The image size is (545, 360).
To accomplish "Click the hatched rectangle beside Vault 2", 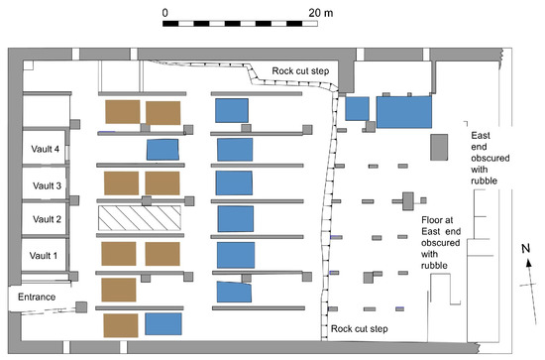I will [x=139, y=218].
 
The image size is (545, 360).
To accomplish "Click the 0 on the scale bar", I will [x=165, y=9].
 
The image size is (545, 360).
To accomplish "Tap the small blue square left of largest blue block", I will [x=358, y=109].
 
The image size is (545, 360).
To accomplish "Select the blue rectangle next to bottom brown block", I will [x=163, y=324].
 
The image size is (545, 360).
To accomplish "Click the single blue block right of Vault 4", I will [x=163, y=150].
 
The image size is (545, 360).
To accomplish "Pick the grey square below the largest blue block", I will [x=436, y=146].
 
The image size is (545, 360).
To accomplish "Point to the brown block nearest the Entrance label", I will [x=118, y=290].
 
